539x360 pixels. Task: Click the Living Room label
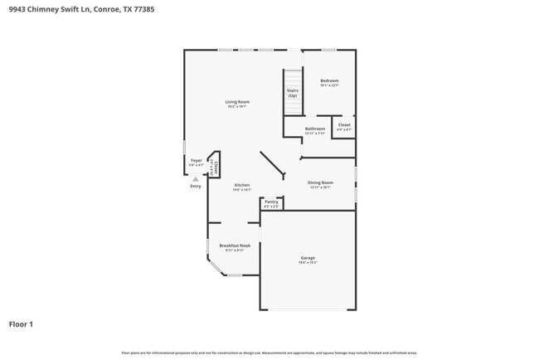pyautogui.click(x=238, y=102)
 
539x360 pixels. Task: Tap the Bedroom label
pyautogui.click(x=329, y=80)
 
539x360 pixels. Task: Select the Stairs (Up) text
pyautogui.click(x=293, y=93)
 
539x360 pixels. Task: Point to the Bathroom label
pyautogui.click(x=315, y=129)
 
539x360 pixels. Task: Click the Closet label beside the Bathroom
pyautogui.click(x=344, y=125)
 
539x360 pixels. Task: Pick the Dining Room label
pyautogui.click(x=321, y=182)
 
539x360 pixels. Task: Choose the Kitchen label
pyautogui.click(x=242, y=185)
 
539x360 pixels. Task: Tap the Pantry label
pyautogui.click(x=271, y=202)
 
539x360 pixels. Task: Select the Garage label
pyautogui.click(x=308, y=258)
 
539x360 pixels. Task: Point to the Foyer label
pyautogui.click(x=197, y=159)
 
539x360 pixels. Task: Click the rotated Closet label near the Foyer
pyautogui.click(x=214, y=167)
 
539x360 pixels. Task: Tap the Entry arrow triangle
pyautogui.click(x=196, y=178)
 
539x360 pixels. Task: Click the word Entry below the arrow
pyautogui.click(x=196, y=186)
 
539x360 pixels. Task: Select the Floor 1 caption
pyautogui.click(x=22, y=324)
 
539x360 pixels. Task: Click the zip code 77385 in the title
pyautogui.click(x=143, y=9)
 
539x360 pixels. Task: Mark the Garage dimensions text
pyautogui.click(x=308, y=263)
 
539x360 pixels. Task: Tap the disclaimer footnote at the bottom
pyautogui.click(x=269, y=353)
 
